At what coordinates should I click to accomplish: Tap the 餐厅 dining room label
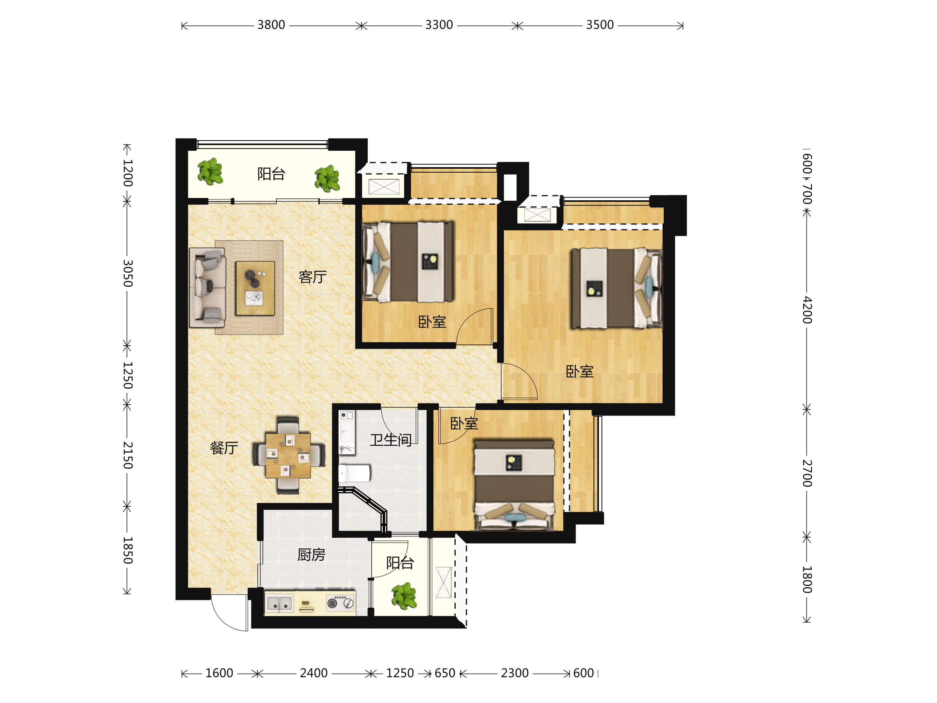click(x=224, y=448)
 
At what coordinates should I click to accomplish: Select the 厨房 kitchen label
click(x=311, y=555)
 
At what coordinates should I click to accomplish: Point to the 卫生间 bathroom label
click(x=390, y=440)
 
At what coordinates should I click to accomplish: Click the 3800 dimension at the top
click(x=271, y=25)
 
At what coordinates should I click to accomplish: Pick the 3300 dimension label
click(x=439, y=25)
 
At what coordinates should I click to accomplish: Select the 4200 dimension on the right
click(x=807, y=310)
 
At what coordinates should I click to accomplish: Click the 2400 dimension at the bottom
click(x=314, y=673)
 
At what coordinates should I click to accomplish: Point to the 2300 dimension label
click(x=515, y=673)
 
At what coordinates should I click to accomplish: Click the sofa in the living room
click(x=207, y=288)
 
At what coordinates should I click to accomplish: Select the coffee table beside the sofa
click(x=255, y=288)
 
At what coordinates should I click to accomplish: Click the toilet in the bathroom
click(x=354, y=473)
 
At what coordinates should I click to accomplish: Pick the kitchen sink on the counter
click(x=280, y=603)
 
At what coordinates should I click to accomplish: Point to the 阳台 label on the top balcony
click(x=271, y=174)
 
